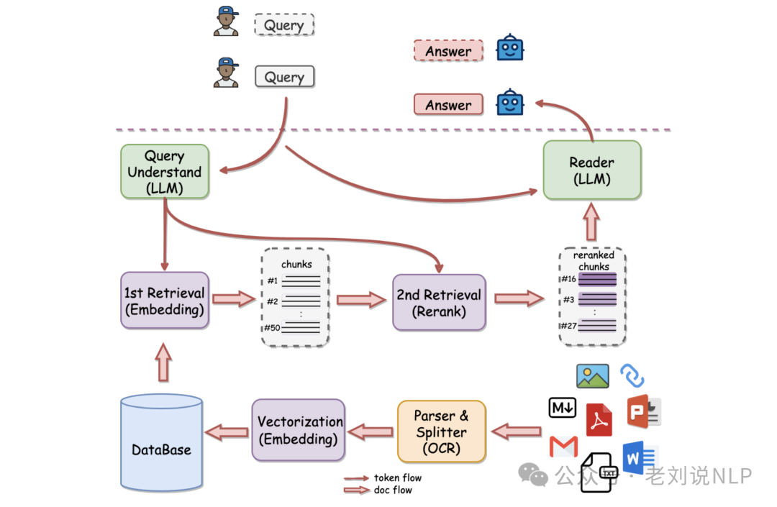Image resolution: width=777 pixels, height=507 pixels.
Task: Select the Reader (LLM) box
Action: pyautogui.click(x=591, y=170)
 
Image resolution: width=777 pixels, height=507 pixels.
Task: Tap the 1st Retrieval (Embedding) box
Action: pyautogui.click(x=165, y=301)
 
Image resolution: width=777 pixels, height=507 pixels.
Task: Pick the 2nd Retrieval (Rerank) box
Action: pyautogui.click(x=438, y=302)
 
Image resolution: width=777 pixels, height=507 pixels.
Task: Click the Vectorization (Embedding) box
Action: pyautogui.click(x=298, y=430)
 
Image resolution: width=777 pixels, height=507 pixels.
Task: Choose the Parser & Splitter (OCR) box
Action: pyautogui.click(x=441, y=431)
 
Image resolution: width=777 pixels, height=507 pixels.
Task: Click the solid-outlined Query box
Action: pyautogui.click(x=284, y=76)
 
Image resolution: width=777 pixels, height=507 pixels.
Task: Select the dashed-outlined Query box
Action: pyautogui.click(x=284, y=25)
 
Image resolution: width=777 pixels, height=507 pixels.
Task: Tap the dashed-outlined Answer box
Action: pyautogui.click(x=448, y=51)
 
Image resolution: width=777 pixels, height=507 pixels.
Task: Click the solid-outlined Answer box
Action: pyautogui.click(x=448, y=105)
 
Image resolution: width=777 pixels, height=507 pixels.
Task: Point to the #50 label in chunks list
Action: pyautogui.click(x=271, y=328)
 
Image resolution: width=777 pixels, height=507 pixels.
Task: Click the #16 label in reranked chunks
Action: pyautogui.click(x=568, y=279)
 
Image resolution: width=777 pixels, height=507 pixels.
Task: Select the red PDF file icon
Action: pyautogui.click(x=599, y=419)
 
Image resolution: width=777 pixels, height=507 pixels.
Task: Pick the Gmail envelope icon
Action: pyautogui.click(x=563, y=447)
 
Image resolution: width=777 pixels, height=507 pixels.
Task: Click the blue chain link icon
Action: pyautogui.click(x=632, y=376)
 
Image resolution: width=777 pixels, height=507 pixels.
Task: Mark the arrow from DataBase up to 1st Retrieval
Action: pyautogui.click(x=164, y=362)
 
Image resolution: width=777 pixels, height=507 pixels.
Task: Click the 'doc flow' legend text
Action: pyautogui.click(x=393, y=490)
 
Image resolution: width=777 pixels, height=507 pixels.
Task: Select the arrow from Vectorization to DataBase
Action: pyautogui.click(x=227, y=432)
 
